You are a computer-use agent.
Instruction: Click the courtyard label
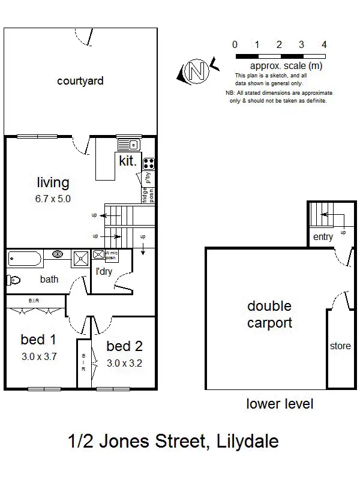(x=80, y=80)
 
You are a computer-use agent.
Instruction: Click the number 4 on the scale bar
(x=324, y=44)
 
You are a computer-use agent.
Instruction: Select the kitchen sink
(x=128, y=145)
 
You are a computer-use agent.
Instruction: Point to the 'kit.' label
(x=128, y=161)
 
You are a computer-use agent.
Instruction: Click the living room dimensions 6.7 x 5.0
(x=53, y=198)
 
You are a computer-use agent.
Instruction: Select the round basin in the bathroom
(x=58, y=255)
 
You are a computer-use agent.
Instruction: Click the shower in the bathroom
(x=80, y=259)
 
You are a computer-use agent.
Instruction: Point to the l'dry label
(x=105, y=271)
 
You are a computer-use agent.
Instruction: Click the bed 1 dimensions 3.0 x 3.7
(x=38, y=356)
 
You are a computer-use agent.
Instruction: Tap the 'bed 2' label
(x=124, y=346)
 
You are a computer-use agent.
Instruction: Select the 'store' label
(x=340, y=346)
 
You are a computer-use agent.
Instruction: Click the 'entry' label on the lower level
(x=323, y=237)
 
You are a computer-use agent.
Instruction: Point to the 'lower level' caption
(x=280, y=404)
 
